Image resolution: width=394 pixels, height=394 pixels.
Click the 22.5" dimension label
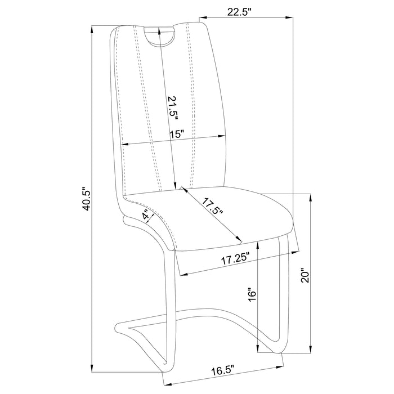(x=239, y=12)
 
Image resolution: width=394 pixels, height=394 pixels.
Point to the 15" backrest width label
(x=177, y=134)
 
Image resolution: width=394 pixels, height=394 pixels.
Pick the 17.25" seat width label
(x=235, y=259)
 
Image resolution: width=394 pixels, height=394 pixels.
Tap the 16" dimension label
(x=252, y=295)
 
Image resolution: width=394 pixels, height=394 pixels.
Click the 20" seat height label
(x=305, y=277)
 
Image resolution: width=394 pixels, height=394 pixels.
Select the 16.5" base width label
(x=223, y=370)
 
